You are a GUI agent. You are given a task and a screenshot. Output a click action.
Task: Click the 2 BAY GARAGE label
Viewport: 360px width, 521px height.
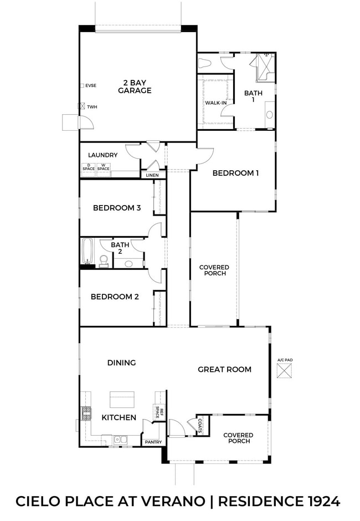click(x=135, y=86)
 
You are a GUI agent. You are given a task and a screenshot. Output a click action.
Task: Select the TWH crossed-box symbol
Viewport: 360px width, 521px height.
click(x=81, y=106)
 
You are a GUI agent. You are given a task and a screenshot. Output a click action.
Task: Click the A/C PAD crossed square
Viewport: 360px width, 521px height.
click(x=284, y=371)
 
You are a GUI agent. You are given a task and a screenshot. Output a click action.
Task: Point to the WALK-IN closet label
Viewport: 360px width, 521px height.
click(x=215, y=103)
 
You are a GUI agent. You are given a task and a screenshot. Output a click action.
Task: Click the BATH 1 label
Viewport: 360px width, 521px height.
click(x=253, y=96)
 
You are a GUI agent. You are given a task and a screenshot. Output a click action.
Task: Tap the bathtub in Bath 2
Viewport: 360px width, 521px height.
click(x=88, y=253)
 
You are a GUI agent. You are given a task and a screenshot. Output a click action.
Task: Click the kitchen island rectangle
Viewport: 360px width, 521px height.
click(x=122, y=399)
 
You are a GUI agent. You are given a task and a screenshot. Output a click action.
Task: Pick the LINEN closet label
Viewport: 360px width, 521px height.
click(x=152, y=175)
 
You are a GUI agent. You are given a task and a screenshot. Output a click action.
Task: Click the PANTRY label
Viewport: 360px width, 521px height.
click(x=153, y=442)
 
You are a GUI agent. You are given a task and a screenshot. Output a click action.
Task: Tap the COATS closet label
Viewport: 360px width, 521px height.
click(x=199, y=425)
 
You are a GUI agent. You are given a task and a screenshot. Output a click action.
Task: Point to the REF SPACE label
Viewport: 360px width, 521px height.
click(x=157, y=412)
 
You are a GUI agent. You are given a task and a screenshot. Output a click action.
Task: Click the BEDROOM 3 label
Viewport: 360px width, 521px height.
click(x=116, y=208)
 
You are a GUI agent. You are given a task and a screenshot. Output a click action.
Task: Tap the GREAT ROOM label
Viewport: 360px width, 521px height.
click(x=224, y=369)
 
